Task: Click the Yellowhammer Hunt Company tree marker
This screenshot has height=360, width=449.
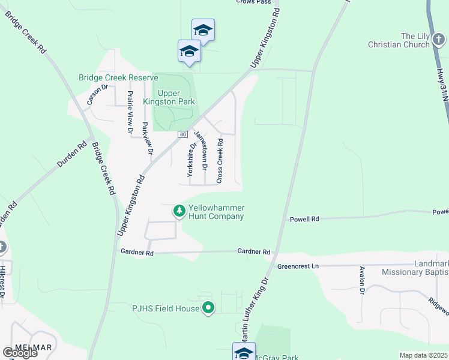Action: click(x=179, y=211)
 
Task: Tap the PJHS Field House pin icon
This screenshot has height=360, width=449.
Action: click(x=208, y=308)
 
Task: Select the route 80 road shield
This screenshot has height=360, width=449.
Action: click(x=182, y=134)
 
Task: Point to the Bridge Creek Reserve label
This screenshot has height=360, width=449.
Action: click(x=118, y=78)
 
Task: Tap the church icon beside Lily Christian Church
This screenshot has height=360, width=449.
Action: click(x=439, y=41)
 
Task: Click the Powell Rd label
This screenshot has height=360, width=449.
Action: click(x=305, y=220)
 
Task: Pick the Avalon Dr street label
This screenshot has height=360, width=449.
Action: click(x=362, y=280)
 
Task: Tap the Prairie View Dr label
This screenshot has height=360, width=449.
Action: click(x=129, y=112)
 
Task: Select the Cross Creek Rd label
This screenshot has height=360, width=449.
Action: click(x=220, y=160)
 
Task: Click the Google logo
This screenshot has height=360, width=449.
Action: click(x=20, y=353)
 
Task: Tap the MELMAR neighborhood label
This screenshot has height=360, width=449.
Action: click(x=33, y=347)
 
